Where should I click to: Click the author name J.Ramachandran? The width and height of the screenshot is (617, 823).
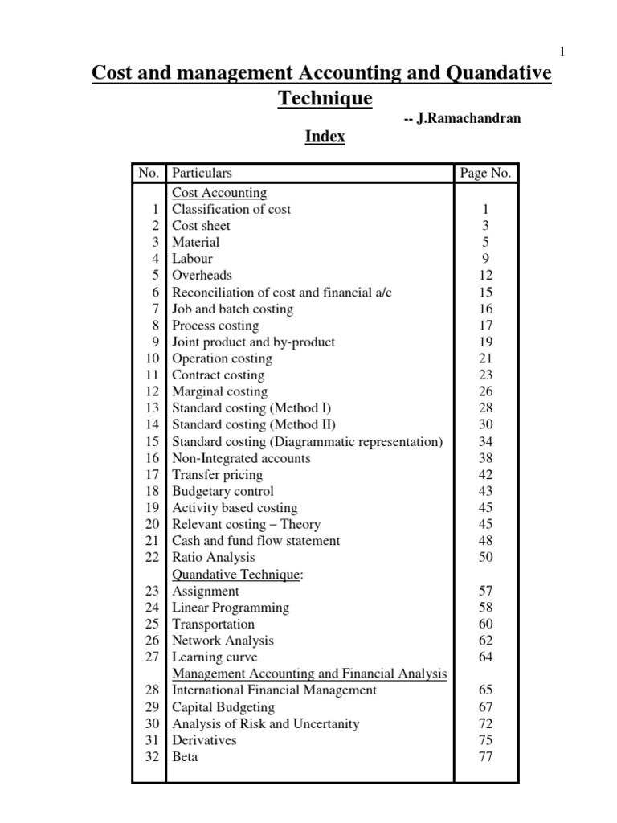468,118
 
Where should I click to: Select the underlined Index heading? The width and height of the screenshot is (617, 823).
325,137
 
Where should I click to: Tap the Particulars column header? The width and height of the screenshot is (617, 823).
202,173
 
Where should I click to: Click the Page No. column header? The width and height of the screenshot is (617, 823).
484,173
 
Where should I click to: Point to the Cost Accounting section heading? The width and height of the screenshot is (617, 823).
219,193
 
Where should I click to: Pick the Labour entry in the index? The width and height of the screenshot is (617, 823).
192,259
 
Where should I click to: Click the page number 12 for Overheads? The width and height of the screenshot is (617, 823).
484,276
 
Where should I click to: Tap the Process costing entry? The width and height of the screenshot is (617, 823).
215,326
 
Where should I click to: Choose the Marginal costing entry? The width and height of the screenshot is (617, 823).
219,391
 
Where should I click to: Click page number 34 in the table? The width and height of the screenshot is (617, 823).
484,441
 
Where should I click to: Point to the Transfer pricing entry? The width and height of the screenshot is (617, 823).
217,474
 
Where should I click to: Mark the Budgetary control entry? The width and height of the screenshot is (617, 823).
223,491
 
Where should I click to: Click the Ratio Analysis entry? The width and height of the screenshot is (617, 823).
213,557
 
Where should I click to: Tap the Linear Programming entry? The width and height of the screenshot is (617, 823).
231,608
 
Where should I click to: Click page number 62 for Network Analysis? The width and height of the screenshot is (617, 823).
484,641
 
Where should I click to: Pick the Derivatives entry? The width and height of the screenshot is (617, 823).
204,740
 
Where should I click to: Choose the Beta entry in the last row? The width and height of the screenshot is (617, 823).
185,756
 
